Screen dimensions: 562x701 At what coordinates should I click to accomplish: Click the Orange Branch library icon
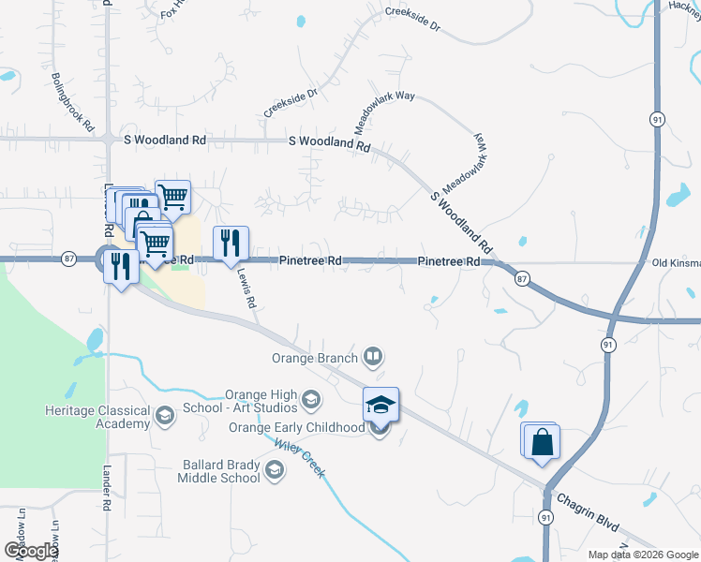pyautogui.click(x=373, y=356)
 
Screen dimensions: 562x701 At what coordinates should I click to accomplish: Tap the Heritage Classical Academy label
pyautogui.click(x=97, y=417)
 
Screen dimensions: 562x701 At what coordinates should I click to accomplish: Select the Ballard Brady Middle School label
pyautogui.click(x=218, y=471)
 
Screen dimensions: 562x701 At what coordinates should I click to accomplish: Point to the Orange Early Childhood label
pyautogui.click(x=296, y=428)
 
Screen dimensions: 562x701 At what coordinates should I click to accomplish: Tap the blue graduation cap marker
pyautogui.click(x=380, y=405)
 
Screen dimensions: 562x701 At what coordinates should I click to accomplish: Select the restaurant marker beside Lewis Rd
pyautogui.click(x=231, y=244)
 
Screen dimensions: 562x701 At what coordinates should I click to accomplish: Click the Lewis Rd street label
pyautogui.click(x=246, y=290)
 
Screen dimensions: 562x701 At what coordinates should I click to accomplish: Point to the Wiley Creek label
pyautogui.click(x=300, y=460)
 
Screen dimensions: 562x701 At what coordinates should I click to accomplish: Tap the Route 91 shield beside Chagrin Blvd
pyautogui.click(x=545, y=517)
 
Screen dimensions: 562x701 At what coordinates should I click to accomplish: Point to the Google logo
pyautogui.click(x=31, y=550)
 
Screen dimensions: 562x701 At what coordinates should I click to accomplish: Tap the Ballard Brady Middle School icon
pyautogui.click(x=274, y=470)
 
